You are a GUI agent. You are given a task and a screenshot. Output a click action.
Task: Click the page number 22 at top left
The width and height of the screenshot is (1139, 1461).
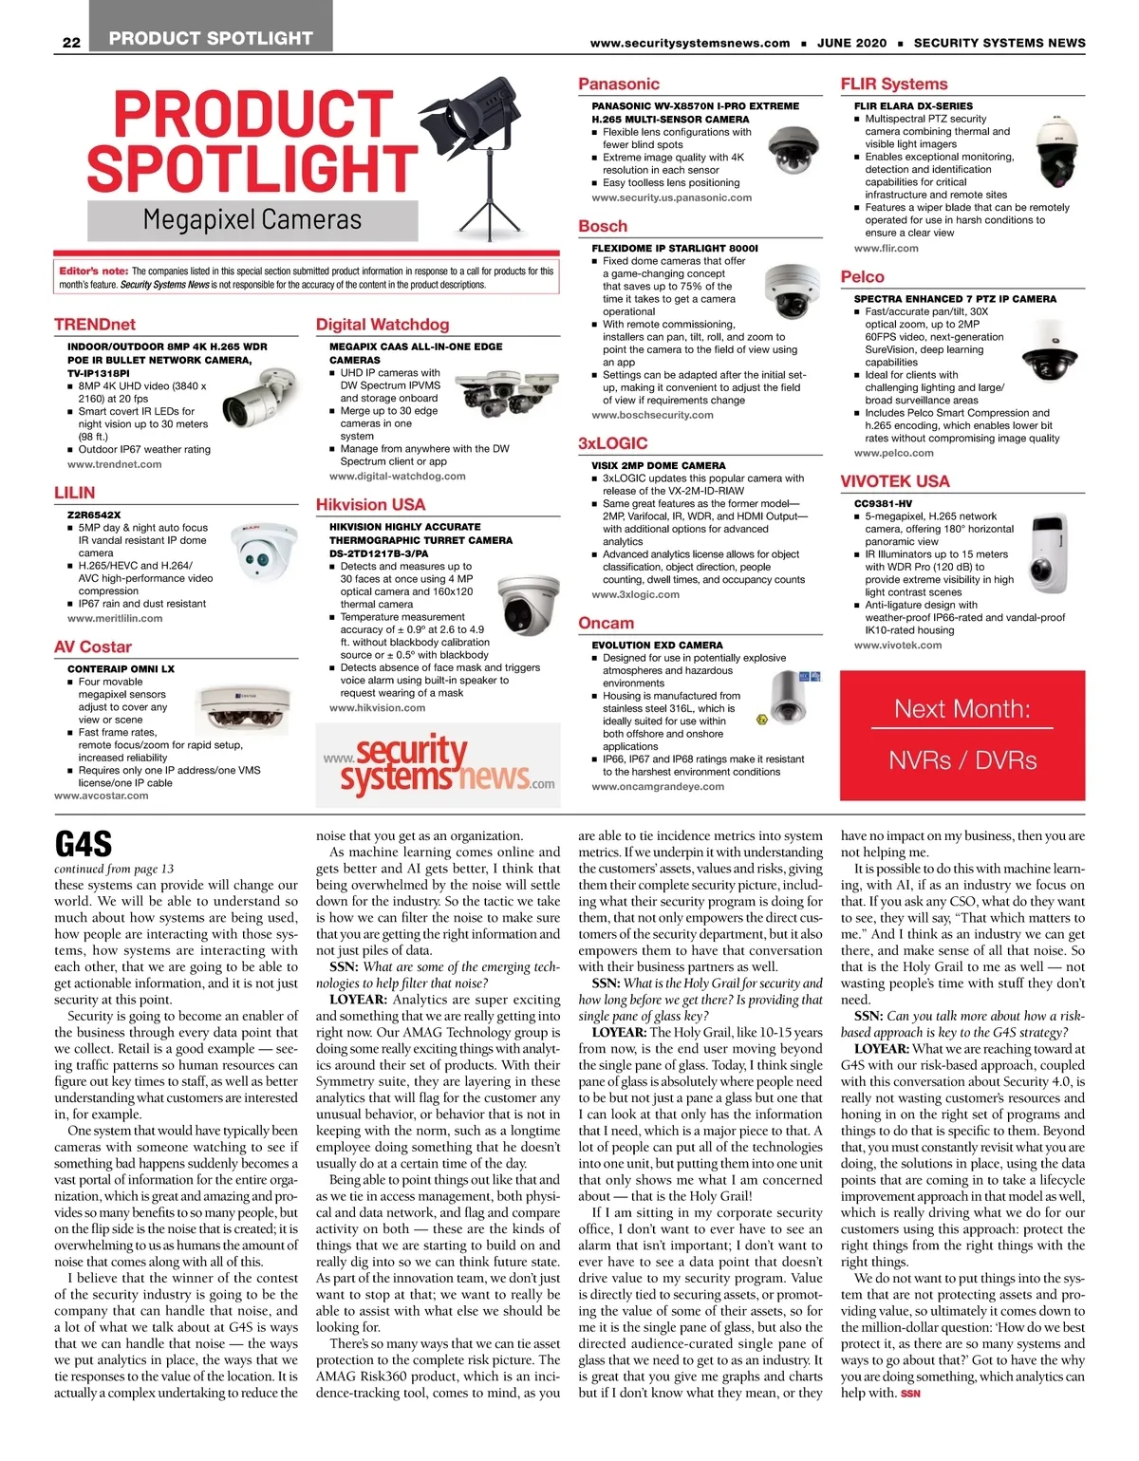point(71,42)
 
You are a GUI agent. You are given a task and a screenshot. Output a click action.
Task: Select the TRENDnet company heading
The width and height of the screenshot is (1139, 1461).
point(95,325)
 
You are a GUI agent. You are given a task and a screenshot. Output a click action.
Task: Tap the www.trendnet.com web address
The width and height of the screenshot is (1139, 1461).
point(114,464)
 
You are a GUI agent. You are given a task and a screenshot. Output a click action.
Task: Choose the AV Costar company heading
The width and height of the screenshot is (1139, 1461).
point(93,646)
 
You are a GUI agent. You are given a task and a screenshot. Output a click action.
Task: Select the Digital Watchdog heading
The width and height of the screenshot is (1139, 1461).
point(383,325)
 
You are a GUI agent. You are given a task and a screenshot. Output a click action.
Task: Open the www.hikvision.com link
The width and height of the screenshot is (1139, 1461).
point(377,707)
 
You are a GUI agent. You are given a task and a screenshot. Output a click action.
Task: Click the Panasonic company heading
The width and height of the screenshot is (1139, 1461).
point(619,84)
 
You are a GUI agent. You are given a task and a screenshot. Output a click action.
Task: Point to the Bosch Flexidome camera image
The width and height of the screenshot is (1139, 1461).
point(792,290)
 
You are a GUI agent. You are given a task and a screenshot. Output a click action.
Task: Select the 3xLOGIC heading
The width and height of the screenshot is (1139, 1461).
point(613,443)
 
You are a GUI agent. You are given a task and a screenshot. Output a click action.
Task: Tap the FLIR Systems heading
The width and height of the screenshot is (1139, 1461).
point(894,84)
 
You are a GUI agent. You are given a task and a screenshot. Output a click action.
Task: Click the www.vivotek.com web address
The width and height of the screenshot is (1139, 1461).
point(898,645)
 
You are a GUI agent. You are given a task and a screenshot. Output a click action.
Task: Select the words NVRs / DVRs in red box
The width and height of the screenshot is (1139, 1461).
point(962,760)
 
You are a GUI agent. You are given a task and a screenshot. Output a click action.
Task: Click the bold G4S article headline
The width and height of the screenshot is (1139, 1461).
point(84,844)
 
